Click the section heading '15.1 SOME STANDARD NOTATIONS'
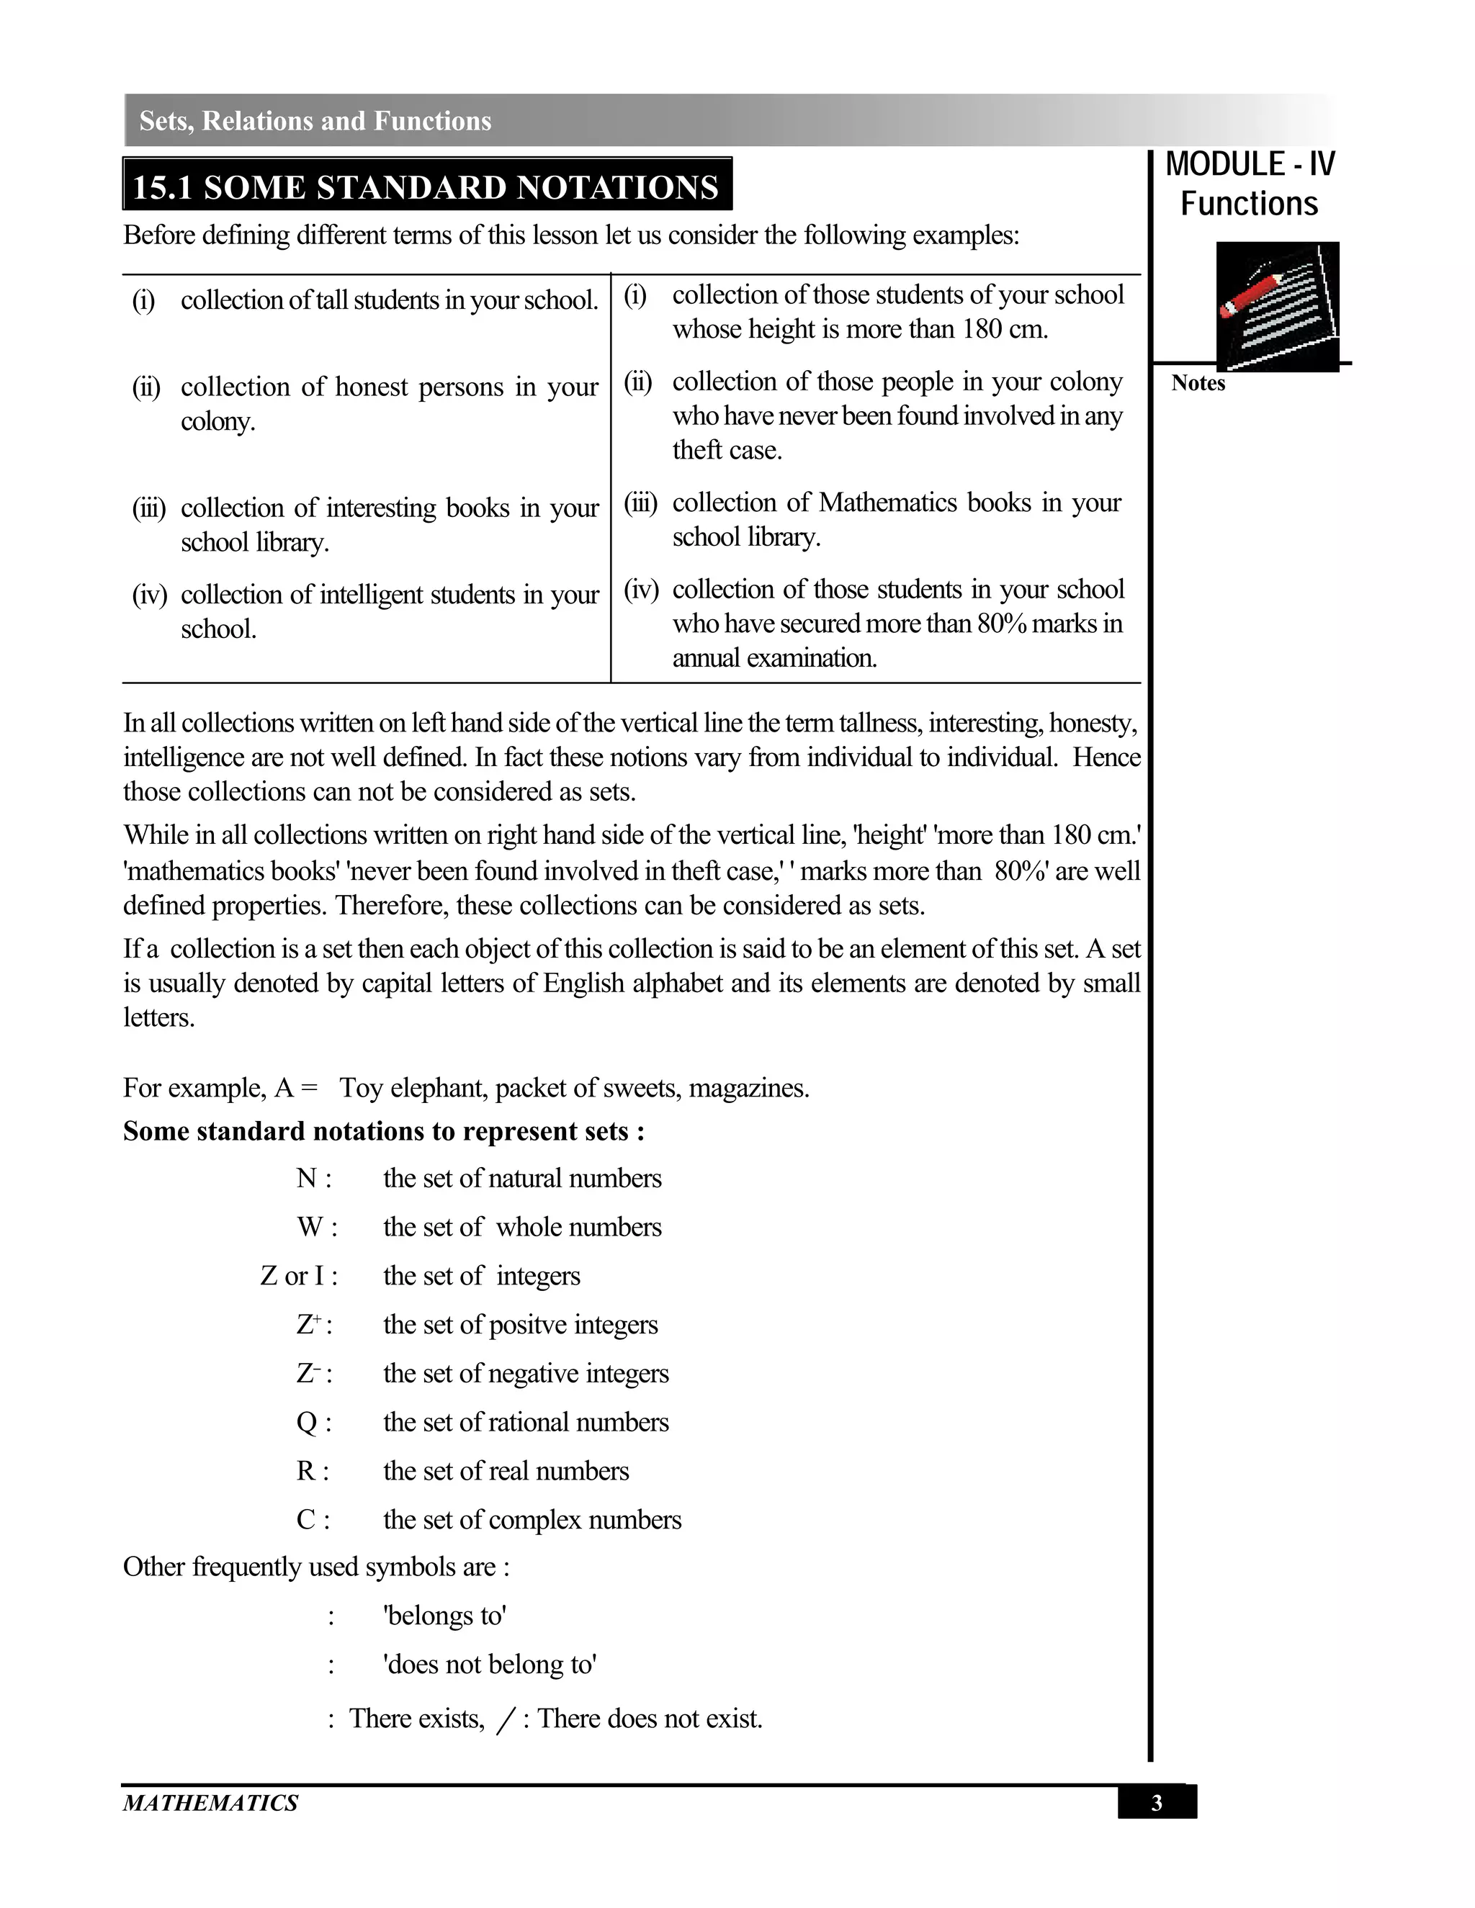point(426,187)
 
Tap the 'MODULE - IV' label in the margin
point(1249,164)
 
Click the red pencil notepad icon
point(1277,306)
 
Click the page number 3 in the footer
point(1156,1803)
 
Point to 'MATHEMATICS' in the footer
point(210,1803)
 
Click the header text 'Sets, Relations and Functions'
point(315,120)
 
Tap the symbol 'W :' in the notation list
point(316,1227)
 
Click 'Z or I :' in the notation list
point(299,1276)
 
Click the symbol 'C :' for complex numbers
point(313,1520)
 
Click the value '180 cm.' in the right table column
point(1005,329)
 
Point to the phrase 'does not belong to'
point(489,1664)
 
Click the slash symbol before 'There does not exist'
point(505,1719)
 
